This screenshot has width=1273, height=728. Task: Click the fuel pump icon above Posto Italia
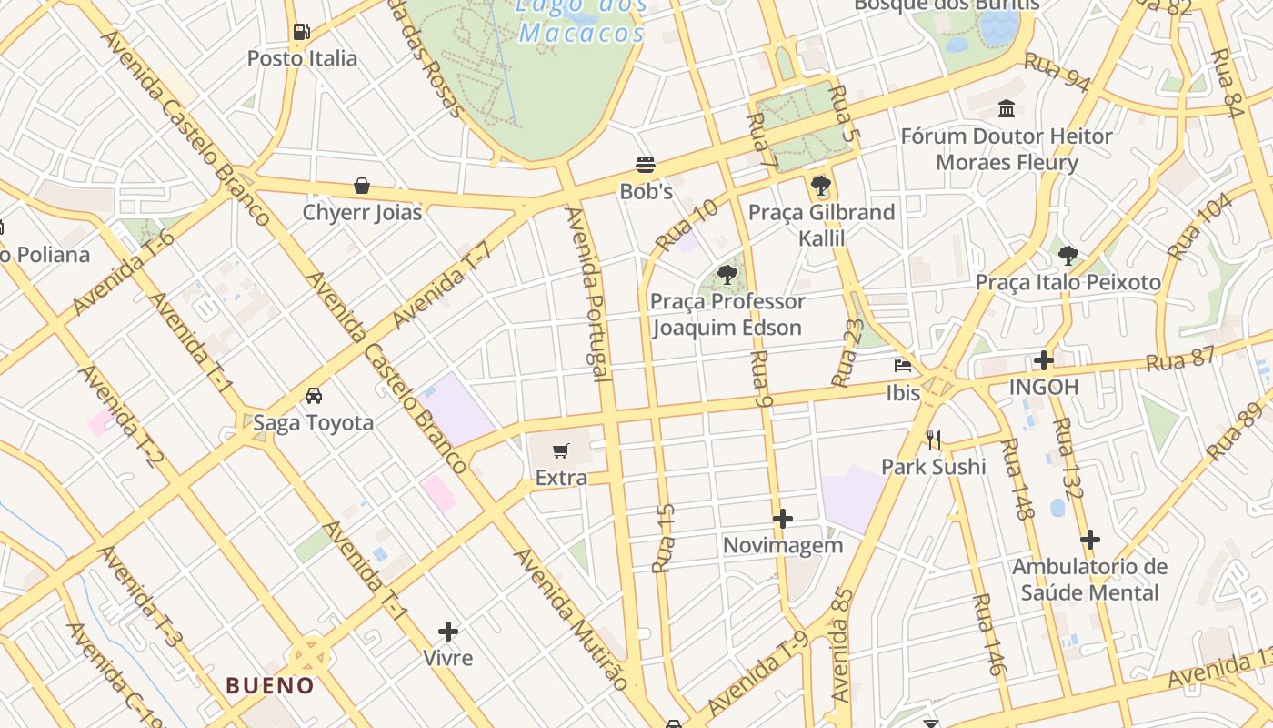pos(302,32)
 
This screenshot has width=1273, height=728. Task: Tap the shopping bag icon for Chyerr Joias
pos(362,187)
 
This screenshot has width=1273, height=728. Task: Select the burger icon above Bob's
pos(646,165)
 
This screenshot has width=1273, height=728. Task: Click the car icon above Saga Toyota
pos(313,396)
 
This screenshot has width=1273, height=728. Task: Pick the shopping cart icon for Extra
pos(561,450)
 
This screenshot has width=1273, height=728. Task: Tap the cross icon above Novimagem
pos(783,519)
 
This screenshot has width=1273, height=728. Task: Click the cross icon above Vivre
pos(448,631)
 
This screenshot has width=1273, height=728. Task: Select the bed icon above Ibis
pos(903,366)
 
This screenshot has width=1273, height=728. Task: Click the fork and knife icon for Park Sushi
pos(934,440)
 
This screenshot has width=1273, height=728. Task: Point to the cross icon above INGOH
pos(1044,360)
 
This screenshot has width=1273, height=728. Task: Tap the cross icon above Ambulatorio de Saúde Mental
pos(1090,540)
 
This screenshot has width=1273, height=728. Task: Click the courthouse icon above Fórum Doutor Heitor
pos(1007,109)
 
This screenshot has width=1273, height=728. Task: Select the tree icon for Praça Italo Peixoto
pos(1068,256)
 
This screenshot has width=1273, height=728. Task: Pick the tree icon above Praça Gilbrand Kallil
pos(821,187)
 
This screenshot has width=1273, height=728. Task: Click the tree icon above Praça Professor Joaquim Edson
pos(727,274)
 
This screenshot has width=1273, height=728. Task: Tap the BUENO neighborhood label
pos(270,685)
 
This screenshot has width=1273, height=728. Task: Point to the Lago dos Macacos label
pos(581,20)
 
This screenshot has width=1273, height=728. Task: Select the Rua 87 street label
pos(1180,359)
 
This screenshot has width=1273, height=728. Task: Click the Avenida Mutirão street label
pos(571,618)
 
